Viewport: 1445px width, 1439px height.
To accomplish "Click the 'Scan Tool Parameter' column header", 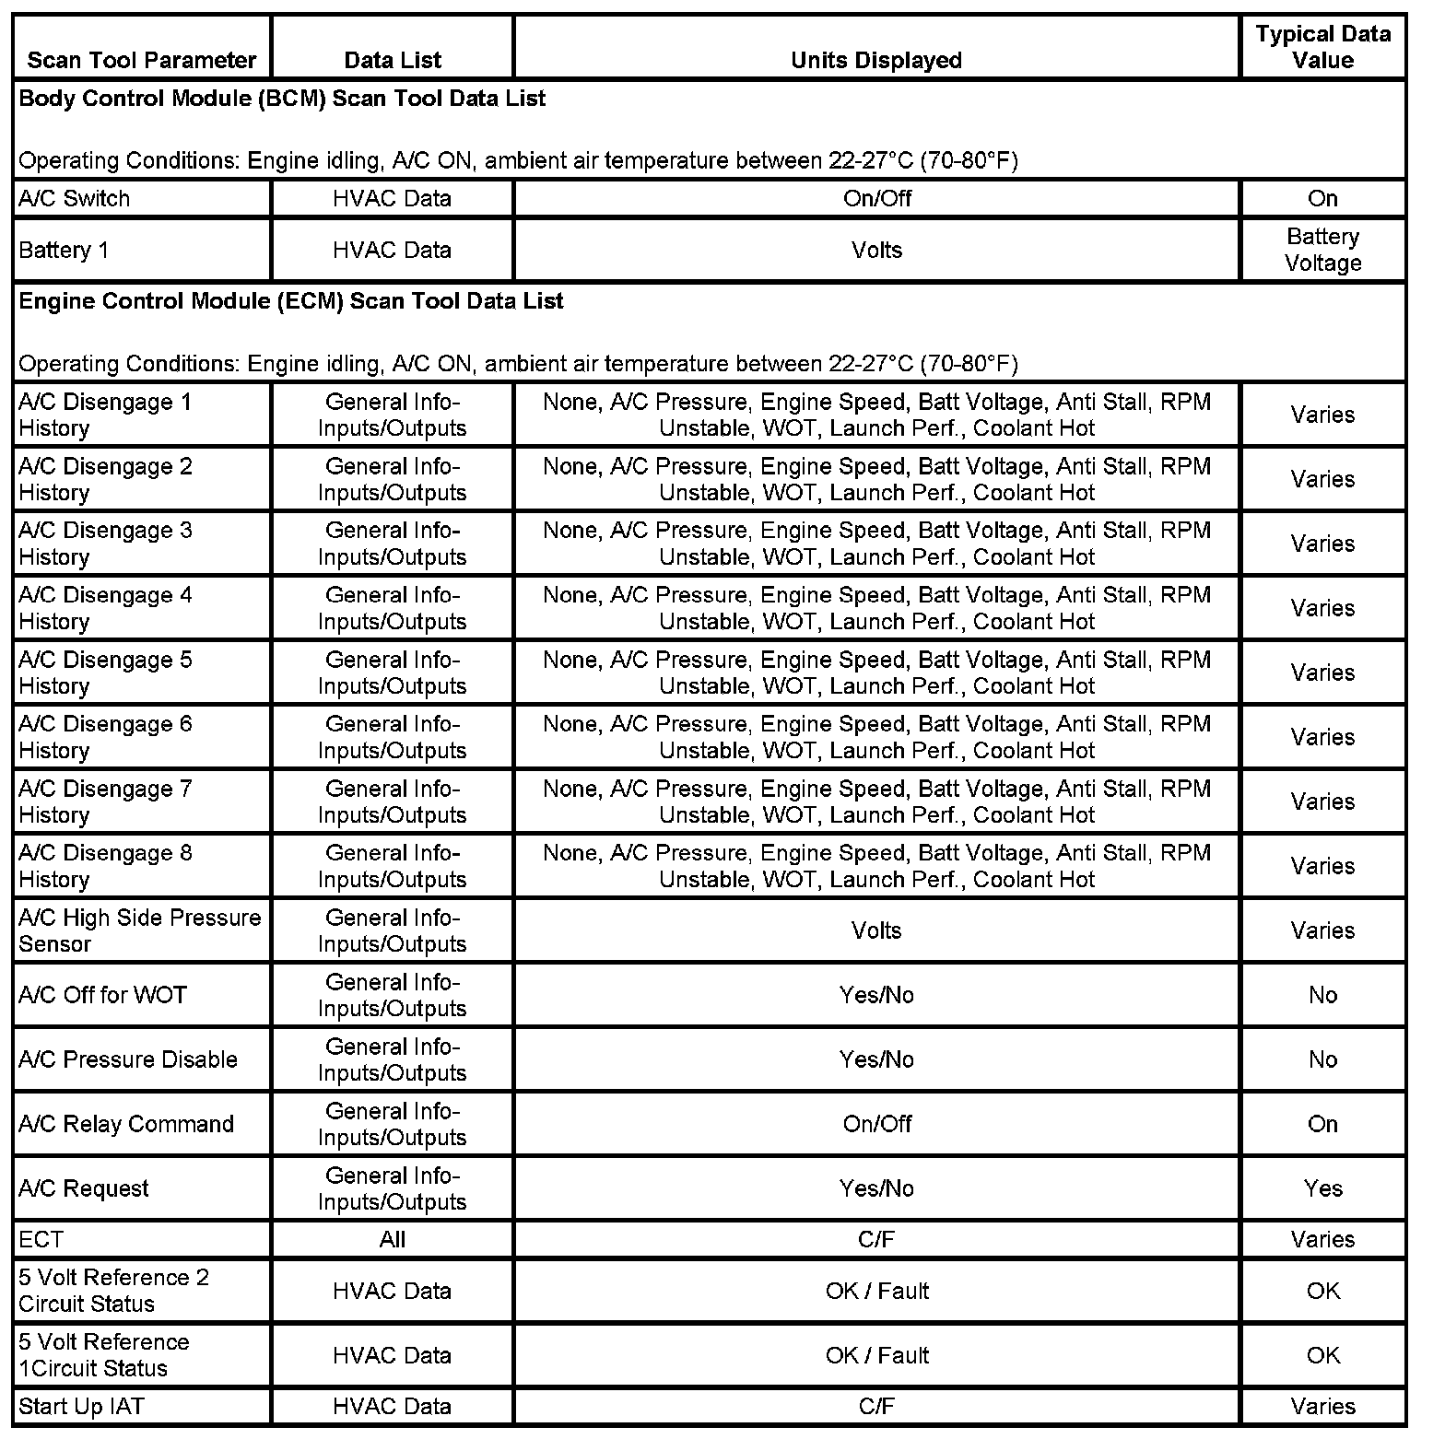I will coord(142,61).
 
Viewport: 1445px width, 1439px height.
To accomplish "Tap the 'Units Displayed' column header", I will coord(876,61).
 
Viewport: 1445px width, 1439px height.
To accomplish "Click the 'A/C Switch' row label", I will coord(75,199).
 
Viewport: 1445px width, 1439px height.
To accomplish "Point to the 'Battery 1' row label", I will coord(64,251).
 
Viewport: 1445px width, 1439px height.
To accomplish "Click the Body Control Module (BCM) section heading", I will coord(282,99).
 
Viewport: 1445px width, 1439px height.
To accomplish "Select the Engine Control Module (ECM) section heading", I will coord(291,301).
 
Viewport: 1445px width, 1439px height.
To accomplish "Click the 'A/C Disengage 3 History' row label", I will coord(105,544).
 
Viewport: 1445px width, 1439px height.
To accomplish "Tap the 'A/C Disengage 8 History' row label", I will coord(105,866).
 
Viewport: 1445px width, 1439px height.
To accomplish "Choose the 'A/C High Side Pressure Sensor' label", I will coord(140,930).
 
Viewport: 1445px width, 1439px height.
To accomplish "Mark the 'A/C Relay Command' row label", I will coord(126,1124).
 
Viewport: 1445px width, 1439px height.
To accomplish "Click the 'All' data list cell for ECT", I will coord(392,1240).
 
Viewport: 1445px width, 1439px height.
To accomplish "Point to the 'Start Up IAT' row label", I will coord(81,1407).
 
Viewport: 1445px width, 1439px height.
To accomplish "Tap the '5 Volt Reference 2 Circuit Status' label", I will coord(113,1291).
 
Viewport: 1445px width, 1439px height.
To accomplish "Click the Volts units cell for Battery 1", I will coord(876,251).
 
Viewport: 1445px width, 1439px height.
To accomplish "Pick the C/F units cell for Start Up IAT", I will coord(876,1407).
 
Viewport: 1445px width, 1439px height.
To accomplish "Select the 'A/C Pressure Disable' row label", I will coord(128,1059).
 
